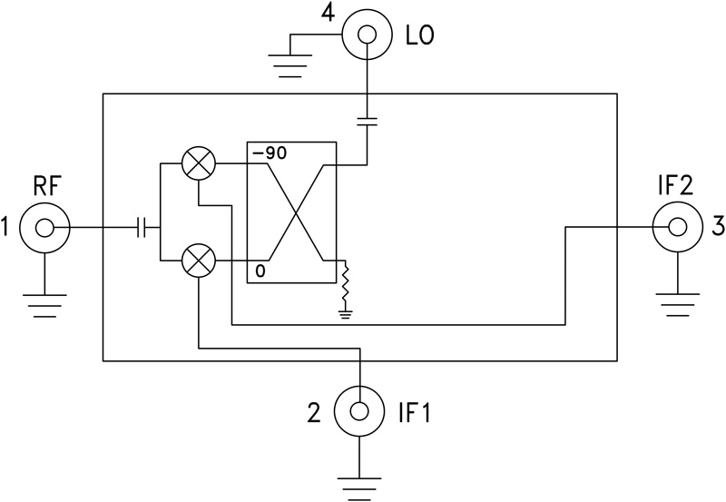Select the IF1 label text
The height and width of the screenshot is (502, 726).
point(418,414)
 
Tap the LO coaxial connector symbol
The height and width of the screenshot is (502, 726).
point(367,35)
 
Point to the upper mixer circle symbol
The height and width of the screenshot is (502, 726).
point(197,164)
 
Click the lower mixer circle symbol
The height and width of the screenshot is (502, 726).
point(197,261)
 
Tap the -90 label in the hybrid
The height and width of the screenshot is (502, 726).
point(270,153)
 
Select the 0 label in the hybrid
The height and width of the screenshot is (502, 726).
point(260,271)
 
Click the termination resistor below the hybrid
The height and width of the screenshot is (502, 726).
point(345,288)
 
